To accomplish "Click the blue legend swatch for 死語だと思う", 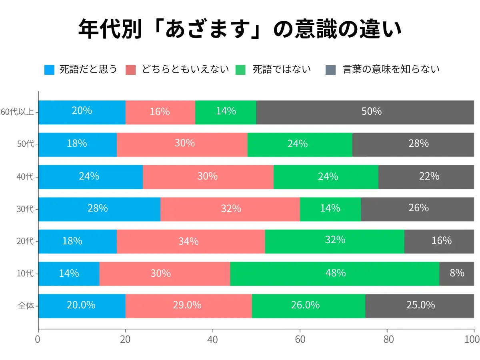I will click(49, 70).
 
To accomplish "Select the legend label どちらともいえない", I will click(185, 69).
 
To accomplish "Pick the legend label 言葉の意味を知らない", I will click(391, 69).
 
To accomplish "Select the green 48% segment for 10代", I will click(334, 274).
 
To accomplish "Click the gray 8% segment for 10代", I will click(456, 274).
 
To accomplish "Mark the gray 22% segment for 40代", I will click(426, 177).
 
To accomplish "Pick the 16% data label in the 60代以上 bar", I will click(160, 112).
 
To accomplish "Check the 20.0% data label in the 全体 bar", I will click(81, 305).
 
